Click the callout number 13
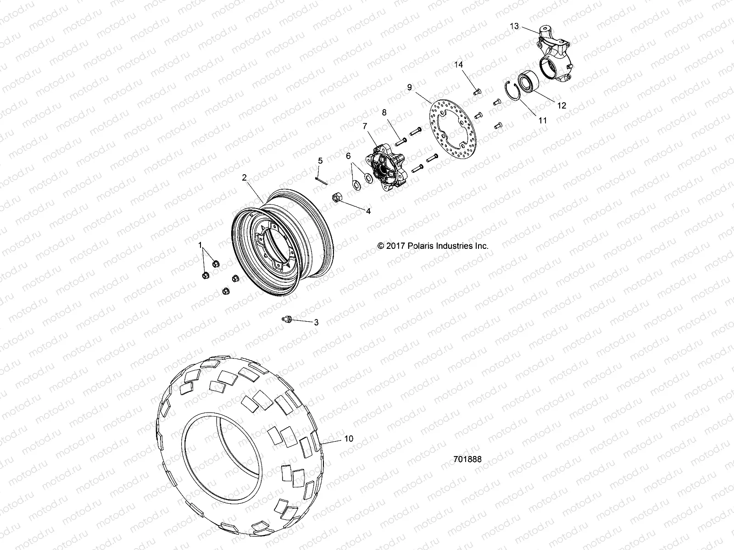tap(514, 26)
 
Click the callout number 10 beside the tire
tap(349, 439)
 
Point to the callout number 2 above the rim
tap(245, 177)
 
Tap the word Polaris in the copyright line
tap(428, 246)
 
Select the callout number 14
tap(459, 65)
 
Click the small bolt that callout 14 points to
tap(476, 91)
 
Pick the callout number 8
tap(384, 112)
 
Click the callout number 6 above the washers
tap(348, 156)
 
